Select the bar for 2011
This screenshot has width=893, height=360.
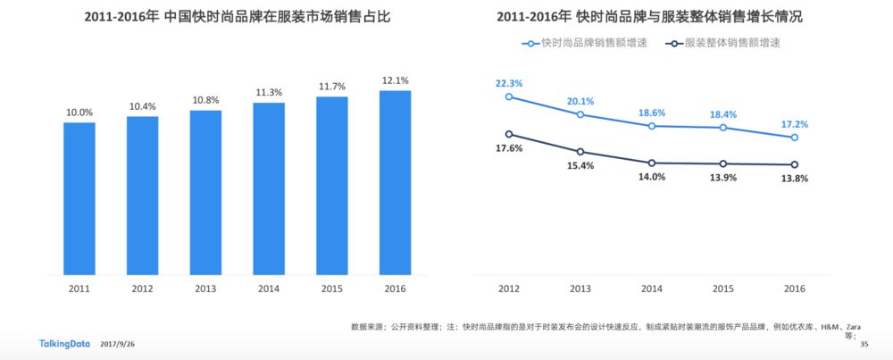tap(79, 198)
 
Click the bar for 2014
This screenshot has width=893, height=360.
tap(268, 188)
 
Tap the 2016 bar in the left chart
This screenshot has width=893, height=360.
tap(395, 182)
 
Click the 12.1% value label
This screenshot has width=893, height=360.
tap(395, 80)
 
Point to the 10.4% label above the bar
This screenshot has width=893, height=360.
tap(142, 106)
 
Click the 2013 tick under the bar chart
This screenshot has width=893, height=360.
tap(205, 289)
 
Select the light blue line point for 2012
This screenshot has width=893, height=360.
tap(509, 96)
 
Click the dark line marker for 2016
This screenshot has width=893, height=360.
tap(794, 164)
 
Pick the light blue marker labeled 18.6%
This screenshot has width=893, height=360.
tap(651, 126)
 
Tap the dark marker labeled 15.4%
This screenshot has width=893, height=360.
tap(580, 152)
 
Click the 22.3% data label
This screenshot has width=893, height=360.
tap(509, 83)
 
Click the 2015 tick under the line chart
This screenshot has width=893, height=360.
tap(722, 289)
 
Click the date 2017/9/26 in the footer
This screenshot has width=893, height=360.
tap(119, 344)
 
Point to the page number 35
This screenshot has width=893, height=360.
tap(864, 344)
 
